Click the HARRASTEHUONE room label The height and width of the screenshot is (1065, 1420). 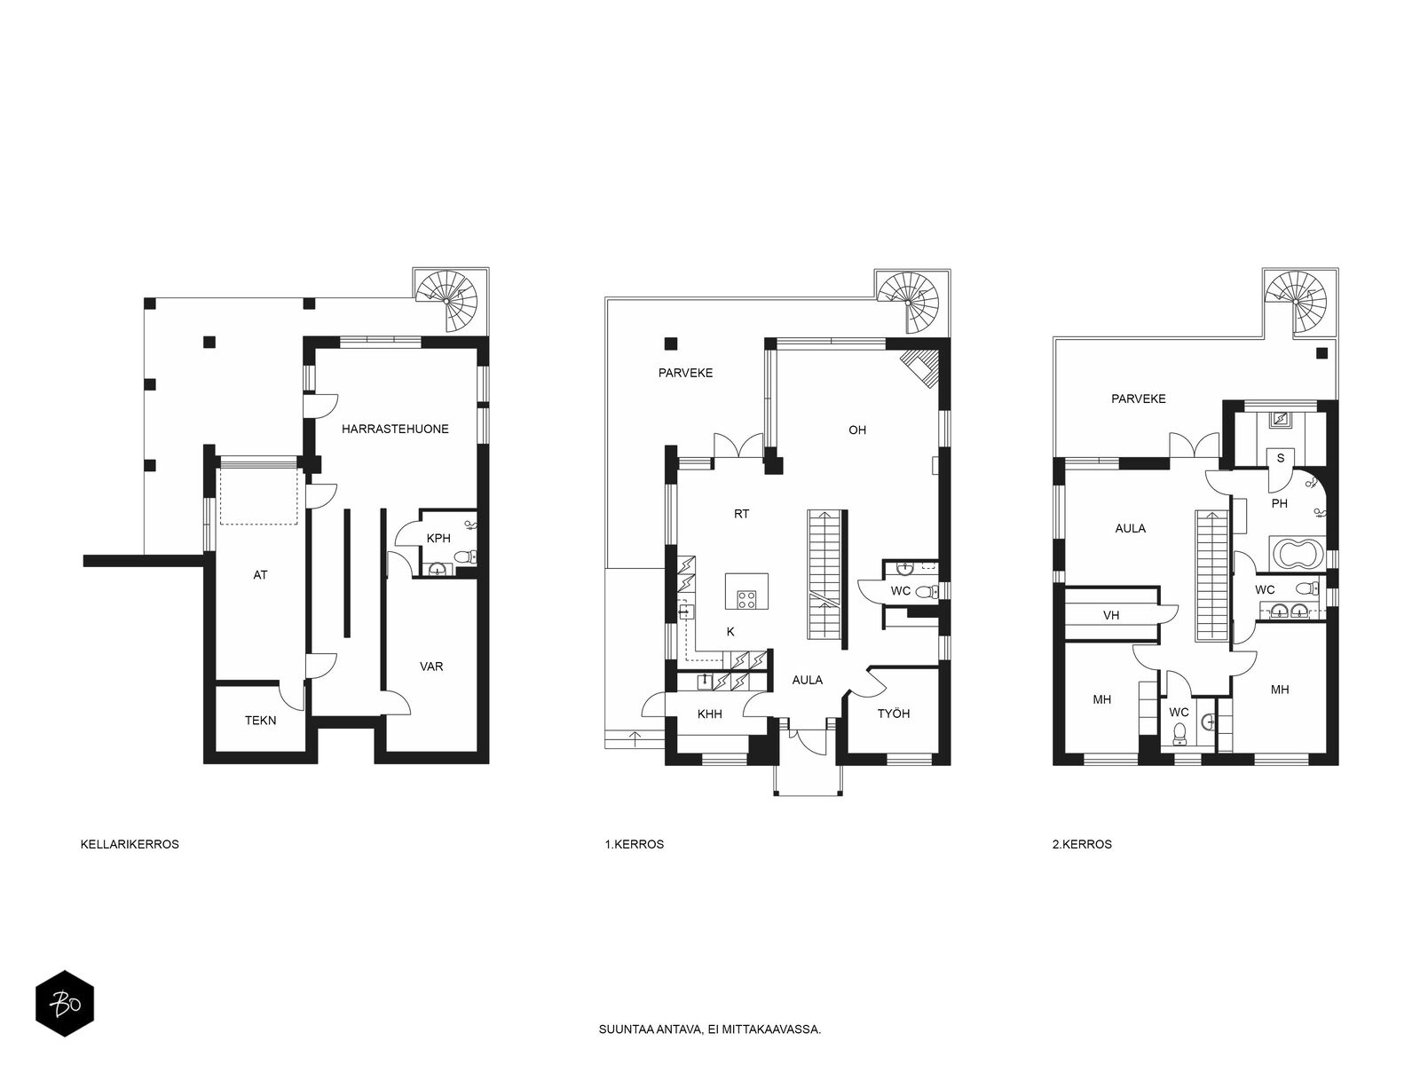395,429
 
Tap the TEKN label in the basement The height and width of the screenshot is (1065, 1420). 260,721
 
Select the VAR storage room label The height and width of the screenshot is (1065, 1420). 430,666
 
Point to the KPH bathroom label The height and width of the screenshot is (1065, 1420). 438,538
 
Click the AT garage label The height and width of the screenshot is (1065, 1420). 260,575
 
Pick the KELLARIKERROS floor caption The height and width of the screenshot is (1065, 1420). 130,844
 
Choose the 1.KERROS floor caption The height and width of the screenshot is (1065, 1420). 634,844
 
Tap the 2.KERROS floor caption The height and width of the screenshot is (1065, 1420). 1082,844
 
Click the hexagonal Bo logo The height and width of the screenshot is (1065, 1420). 65,1004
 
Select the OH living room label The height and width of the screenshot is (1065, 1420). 857,430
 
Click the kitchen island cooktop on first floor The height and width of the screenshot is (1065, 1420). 746,599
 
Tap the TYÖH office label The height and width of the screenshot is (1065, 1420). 894,714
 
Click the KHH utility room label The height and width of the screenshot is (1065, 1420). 710,714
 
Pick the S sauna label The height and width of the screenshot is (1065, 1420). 1281,459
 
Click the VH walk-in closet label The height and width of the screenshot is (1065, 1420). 1111,615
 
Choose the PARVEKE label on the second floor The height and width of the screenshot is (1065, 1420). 1139,399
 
